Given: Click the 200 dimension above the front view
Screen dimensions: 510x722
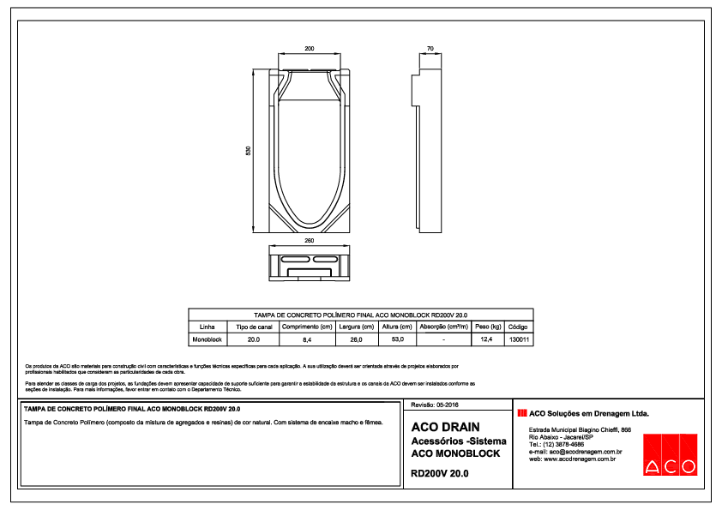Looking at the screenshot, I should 310,49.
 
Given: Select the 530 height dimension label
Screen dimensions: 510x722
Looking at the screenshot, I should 248,151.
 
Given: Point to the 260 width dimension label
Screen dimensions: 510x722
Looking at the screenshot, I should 310,241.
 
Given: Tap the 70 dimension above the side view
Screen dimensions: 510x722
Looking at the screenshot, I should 429,49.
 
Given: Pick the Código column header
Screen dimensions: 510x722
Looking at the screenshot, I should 518,327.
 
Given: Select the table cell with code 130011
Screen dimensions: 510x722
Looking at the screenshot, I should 518,339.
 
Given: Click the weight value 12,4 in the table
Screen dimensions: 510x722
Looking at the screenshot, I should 486,339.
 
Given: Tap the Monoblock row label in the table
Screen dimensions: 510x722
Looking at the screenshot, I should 207,339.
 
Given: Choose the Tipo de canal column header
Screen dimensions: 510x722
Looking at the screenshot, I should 254,327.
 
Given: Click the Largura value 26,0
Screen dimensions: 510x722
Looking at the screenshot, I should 355,339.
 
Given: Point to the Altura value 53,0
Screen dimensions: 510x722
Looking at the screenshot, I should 397,339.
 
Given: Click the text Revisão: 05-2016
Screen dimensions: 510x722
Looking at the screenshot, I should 436,404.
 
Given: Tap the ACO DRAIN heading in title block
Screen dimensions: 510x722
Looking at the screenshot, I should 445,426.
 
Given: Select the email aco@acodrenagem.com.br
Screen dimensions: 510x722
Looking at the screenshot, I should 575,452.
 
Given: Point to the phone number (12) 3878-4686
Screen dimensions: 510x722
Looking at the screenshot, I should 557,445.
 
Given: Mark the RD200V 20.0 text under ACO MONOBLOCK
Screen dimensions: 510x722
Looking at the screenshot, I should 440,472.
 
